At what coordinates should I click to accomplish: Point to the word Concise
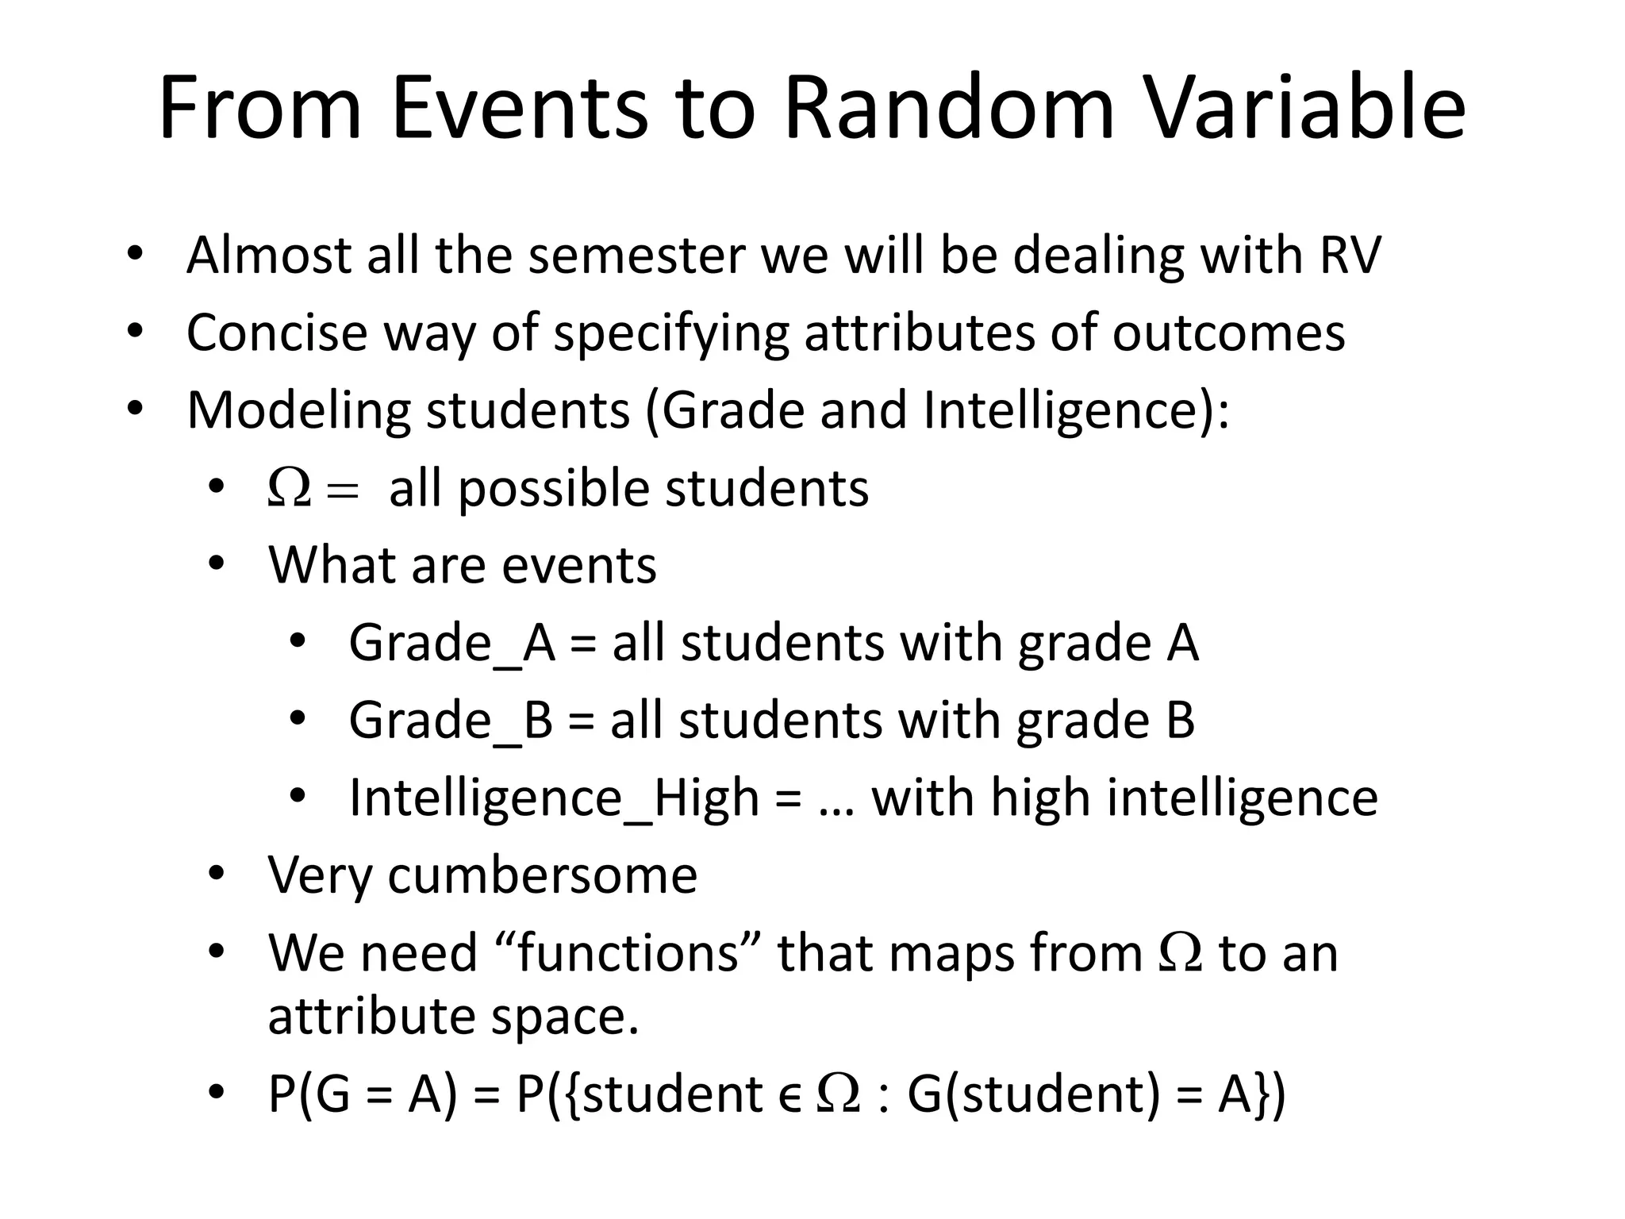[x=277, y=333]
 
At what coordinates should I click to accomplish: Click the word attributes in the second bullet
[x=920, y=333]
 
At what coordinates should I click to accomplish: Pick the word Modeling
[x=298, y=411]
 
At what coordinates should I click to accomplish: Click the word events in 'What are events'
[x=579, y=566]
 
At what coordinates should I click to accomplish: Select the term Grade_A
[x=452, y=644]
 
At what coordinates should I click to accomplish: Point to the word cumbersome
[x=543, y=875]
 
